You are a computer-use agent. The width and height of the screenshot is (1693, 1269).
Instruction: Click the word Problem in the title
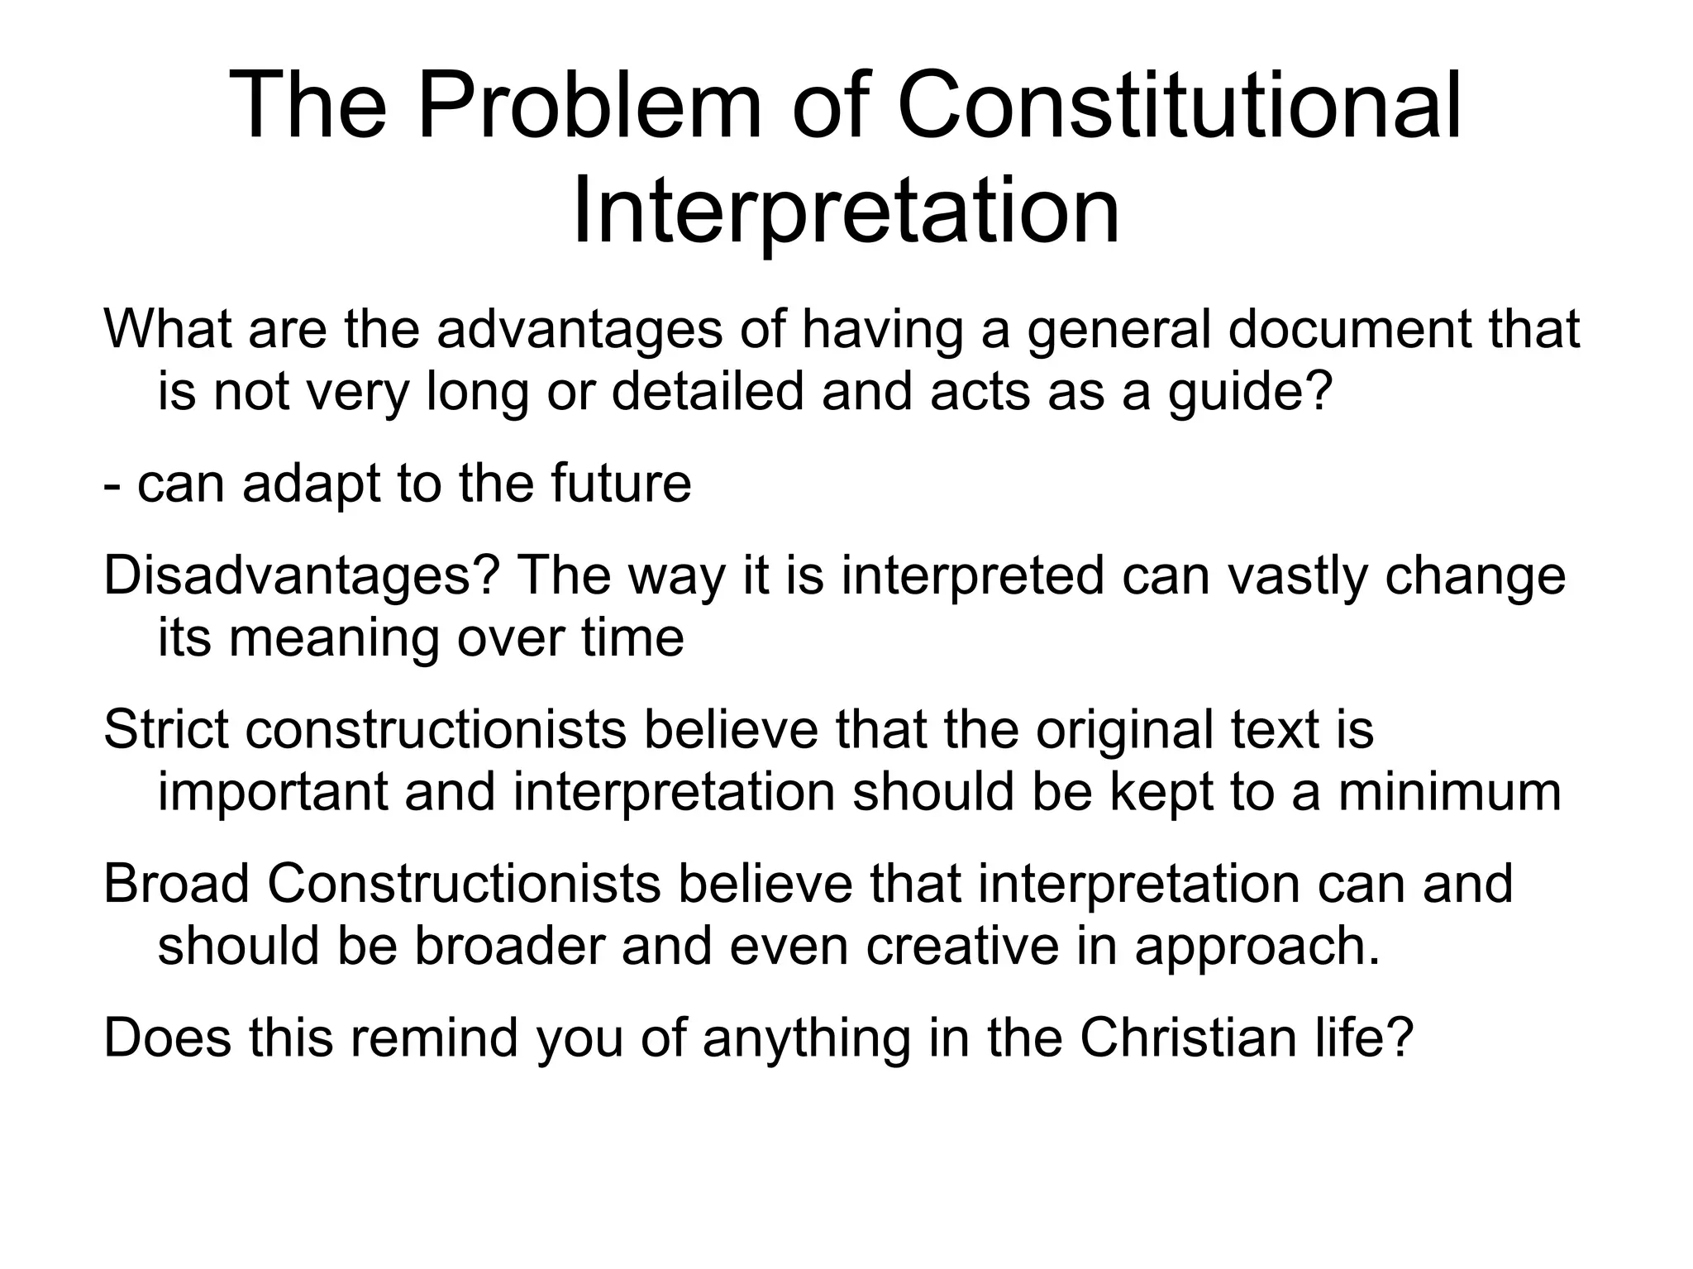pos(589,106)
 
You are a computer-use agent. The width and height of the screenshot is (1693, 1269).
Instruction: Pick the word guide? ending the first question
pos(1250,392)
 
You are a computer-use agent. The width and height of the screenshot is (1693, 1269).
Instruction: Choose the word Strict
pos(166,730)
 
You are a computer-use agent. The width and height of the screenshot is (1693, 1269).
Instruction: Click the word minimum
pos(1450,792)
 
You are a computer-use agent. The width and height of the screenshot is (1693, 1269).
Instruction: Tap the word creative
pos(962,946)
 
